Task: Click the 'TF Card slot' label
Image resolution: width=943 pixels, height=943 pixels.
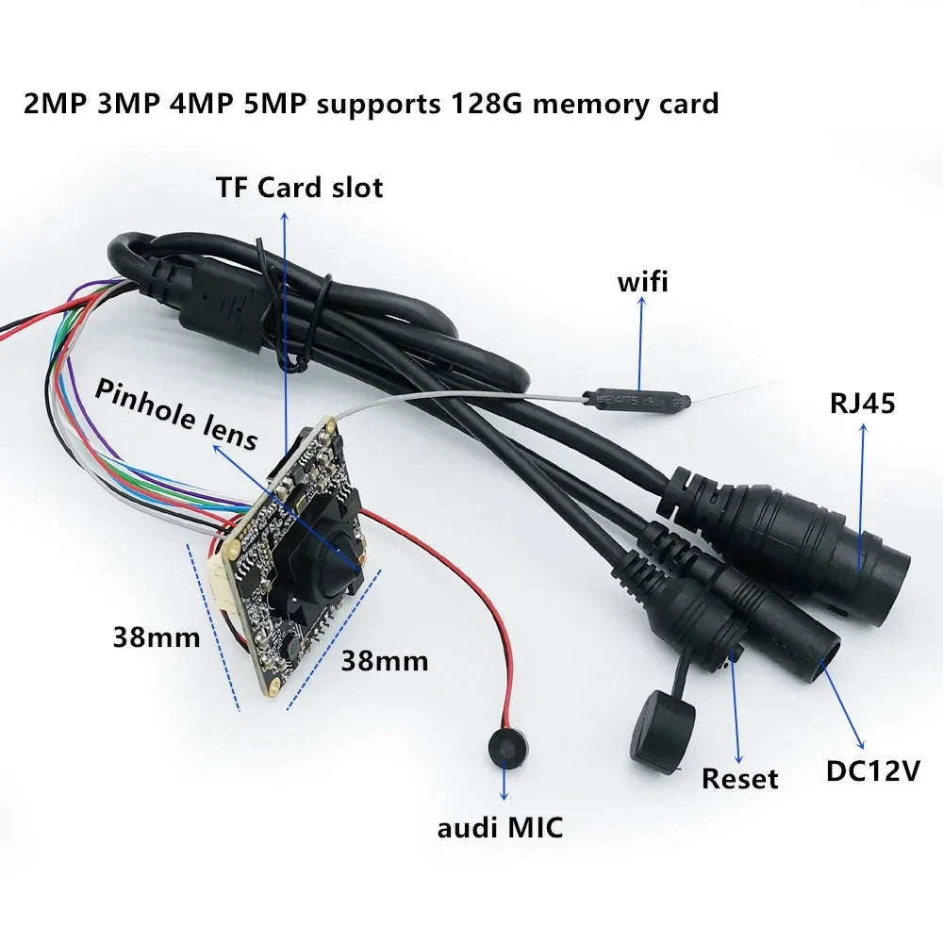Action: click(x=299, y=187)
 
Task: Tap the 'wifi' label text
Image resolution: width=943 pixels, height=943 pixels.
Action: click(x=642, y=281)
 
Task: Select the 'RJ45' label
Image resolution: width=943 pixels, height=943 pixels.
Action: click(x=862, y=404)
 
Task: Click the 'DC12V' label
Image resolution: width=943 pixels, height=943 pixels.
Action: click(x=872, y=770)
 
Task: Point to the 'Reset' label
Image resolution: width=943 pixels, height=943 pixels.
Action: click(x=740, y=779)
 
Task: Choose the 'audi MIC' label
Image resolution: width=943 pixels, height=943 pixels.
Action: click(x=500, y=829)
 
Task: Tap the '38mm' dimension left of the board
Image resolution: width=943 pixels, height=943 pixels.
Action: click(x=156, y=637)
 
